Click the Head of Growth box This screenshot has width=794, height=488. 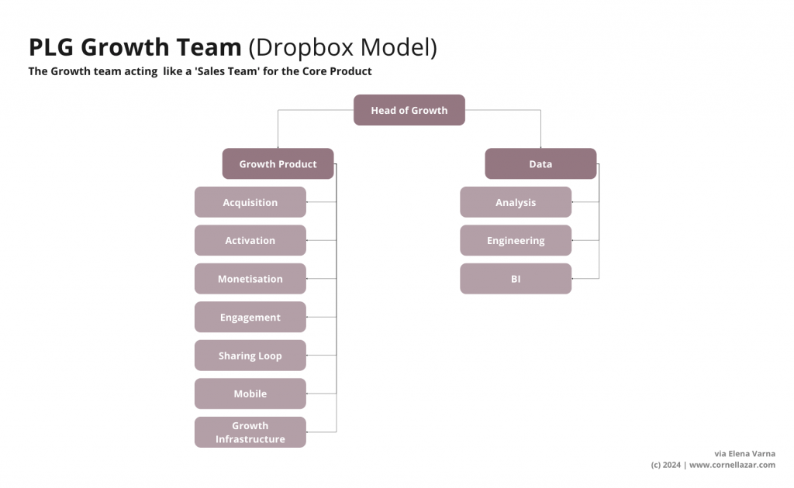409,110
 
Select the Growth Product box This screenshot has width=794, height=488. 278,164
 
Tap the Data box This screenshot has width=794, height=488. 540,164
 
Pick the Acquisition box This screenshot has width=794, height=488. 250,202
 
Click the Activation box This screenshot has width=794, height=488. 250,241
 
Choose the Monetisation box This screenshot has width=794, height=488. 250,279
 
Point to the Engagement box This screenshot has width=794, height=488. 250,318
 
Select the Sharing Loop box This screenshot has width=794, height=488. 250,356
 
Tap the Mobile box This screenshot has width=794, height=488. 250,393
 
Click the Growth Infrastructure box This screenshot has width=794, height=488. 250,432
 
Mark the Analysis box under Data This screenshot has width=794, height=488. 516,202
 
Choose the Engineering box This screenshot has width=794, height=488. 516,241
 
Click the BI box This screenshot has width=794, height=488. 516,279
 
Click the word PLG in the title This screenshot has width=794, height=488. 51,48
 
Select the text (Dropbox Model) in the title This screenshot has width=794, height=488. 342,48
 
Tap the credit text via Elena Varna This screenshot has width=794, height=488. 744,453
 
